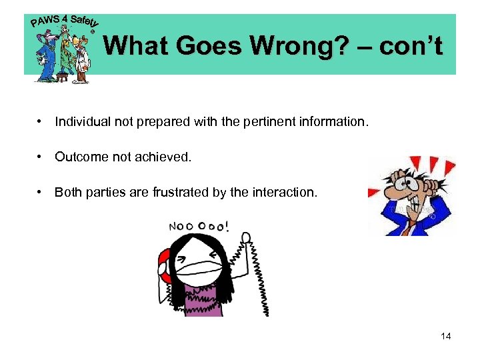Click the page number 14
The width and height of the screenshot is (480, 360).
point(446,336)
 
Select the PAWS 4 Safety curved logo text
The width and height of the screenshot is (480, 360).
point(63,22)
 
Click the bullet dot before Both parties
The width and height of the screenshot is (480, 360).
point(41,193)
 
